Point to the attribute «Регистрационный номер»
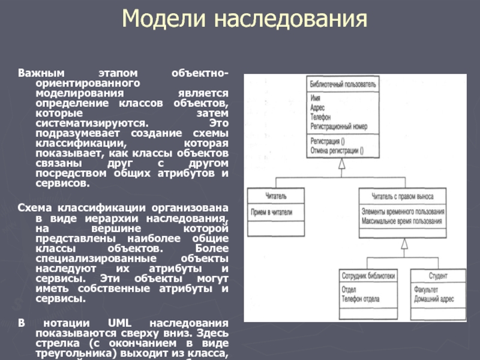coord(339,127)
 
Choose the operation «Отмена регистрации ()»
coord(337,151)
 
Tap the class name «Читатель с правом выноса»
coord(403,196)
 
